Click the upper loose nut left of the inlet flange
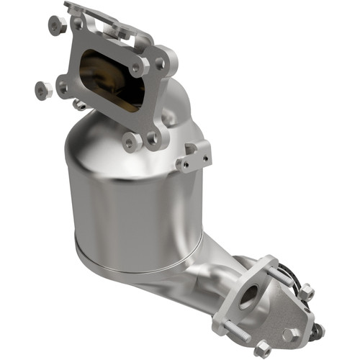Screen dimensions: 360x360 tap(56, 25)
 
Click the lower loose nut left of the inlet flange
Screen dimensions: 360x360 tap(42, 90)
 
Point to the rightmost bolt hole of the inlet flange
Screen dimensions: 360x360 tap(159, 64)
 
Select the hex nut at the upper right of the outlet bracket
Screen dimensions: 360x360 tap(306, 292)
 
